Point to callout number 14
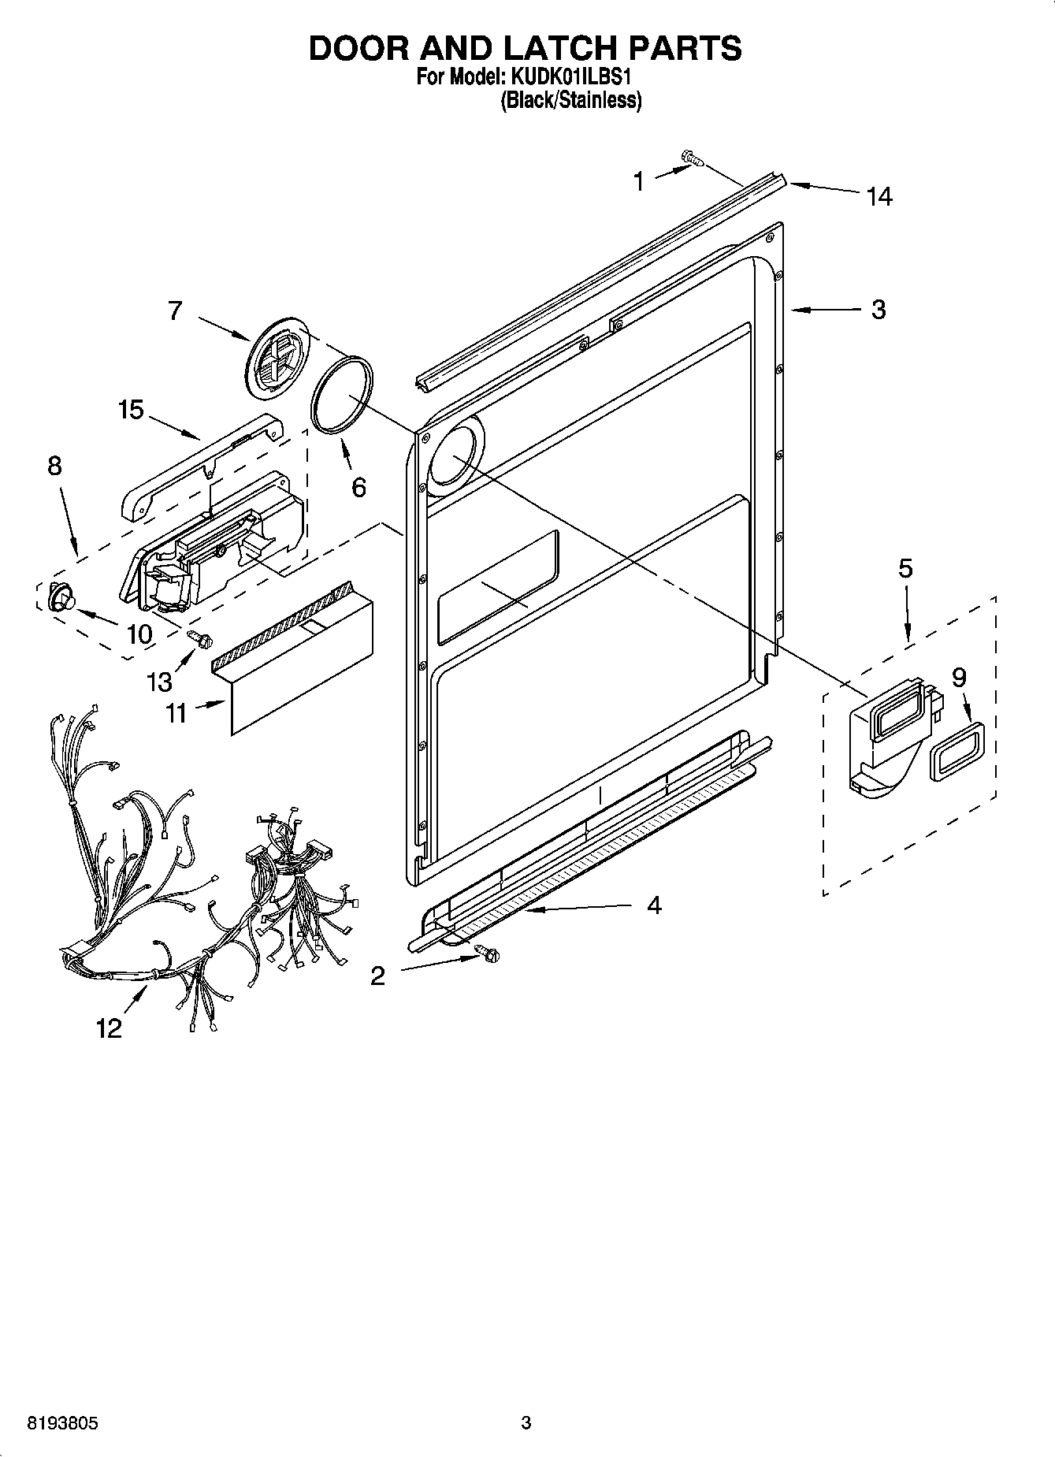tap(879, 196)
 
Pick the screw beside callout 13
tap(199, 640)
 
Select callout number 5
tap(905, 568)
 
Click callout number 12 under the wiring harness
tap(109, 1028)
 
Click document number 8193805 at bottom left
tap(62, 1423)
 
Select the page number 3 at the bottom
tap(526, 1423)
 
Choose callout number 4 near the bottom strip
tap(654, 905)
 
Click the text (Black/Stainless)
tap(570, 100)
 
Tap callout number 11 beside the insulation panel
tap(176, 712)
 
